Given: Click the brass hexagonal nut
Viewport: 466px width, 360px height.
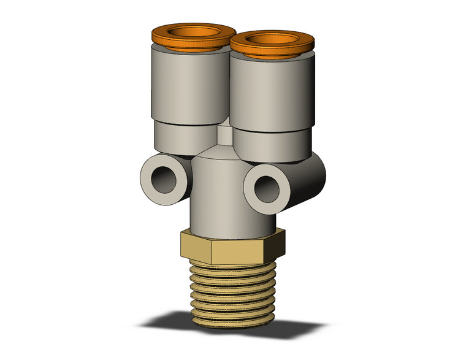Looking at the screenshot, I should (x=230, y=247).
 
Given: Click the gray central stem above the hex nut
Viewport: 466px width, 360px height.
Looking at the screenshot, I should (x=221, y=196).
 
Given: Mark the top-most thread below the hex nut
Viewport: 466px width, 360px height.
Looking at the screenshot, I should (x=232, y=265).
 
